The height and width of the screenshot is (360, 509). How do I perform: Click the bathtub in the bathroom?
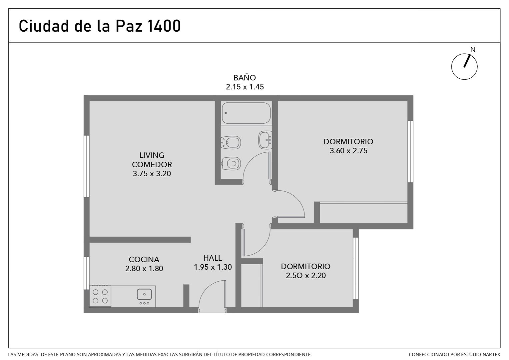pos(246,113)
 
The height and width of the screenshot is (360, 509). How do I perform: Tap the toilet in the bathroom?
pos(231,164)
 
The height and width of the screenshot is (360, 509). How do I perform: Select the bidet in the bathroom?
pos(231,143)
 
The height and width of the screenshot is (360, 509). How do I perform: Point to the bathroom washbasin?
pos(265,140)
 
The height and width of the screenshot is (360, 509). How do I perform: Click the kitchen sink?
pos(144,294)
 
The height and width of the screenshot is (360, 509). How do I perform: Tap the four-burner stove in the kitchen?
pos(100,296)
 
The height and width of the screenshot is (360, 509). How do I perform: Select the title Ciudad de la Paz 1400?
pos(100,26)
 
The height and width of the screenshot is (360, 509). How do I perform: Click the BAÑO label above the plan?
pos(245,78)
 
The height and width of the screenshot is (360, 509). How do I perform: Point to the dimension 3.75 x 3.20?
pos(152,174)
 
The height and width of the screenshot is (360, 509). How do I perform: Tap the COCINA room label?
pos(144,259)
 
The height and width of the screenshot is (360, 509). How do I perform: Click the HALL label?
pos(213,258)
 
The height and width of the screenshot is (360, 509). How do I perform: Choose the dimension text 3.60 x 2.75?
pos(348,151)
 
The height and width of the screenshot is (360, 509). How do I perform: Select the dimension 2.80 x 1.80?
pos(144,269)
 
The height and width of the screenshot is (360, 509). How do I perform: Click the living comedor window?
pos(87,166)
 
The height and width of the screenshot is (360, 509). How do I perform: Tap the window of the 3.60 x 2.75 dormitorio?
pos(410,151)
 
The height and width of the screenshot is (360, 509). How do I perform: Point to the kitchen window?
pos(87,273)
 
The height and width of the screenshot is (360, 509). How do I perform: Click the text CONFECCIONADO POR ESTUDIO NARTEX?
pos(454,355)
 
